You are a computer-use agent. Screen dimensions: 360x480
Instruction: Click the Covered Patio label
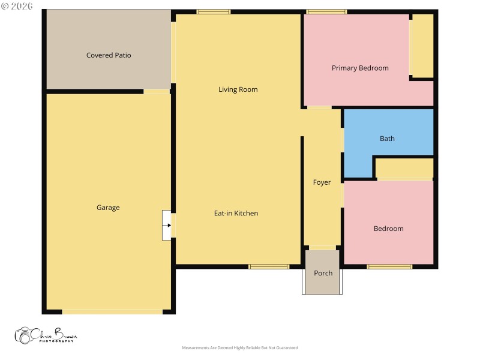tap(109, 55)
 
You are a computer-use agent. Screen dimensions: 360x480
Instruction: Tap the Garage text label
tap(108, 208)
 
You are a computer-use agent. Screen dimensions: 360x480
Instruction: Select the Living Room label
tap(238, 89)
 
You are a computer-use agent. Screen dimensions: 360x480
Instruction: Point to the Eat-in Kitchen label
tap(236, 213)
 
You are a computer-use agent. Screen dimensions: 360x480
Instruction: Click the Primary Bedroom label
tap(360, 68)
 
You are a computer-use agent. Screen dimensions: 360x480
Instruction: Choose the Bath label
tap(387, 139)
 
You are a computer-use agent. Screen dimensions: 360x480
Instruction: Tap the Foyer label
tap(322, 182)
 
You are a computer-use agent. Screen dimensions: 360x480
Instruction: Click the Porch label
tap(323, 273)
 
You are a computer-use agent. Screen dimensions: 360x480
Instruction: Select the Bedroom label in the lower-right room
tap(388, 229)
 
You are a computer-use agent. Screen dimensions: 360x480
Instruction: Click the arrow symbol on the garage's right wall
tap(167, 226)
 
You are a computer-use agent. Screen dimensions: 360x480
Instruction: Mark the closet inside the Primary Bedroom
tap(422, 46)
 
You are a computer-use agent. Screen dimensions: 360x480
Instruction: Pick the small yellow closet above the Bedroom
tap(404, 168)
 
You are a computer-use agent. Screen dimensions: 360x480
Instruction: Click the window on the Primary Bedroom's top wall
tap(326, 11)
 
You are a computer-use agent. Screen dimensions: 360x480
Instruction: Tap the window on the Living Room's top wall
tap(214, 11)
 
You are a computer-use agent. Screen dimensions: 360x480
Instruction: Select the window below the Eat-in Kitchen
tap(268, 266)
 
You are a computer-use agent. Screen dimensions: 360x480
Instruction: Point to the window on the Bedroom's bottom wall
tap(389, 266)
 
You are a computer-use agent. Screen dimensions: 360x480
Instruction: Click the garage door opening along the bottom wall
tap(112, 312)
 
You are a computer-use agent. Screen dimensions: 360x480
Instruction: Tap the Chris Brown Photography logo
tap(46, 335)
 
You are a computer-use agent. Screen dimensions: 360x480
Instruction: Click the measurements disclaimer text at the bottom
tap(239, 348)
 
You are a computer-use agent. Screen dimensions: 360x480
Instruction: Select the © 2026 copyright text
tap(17, 6)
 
